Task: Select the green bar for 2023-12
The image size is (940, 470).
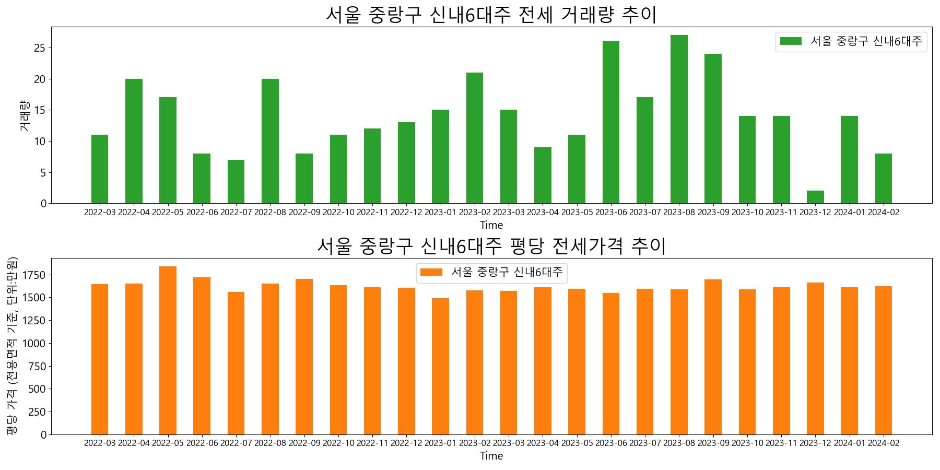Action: click(x=815, y=197)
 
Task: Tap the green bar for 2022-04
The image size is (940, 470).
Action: click(x=134, y=141)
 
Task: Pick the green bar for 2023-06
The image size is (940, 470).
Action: click(x=611, y=122)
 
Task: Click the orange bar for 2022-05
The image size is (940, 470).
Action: click(x=168, y=350)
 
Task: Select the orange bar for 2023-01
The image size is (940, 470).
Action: click(x=440, y=366)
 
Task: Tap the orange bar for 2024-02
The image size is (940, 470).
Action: click(x=883, y=360)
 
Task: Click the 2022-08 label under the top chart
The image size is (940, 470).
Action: click(x=270, y=213)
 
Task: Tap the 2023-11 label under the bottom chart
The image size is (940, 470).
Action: click(x=781, y=443)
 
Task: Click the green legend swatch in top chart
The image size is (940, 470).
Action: click(x=791, y=41)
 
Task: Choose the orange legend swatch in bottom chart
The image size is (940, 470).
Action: click(x=431, y=272)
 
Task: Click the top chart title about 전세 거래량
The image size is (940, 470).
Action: click(x=491, y=15)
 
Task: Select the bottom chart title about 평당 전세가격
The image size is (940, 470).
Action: click(x=491, y=246)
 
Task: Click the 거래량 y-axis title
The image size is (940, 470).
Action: click(x=25, y=115)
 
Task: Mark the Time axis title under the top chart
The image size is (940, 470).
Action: click(x=491, y=226)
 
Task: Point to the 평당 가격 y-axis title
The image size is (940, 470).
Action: click(x=12, y=346)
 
